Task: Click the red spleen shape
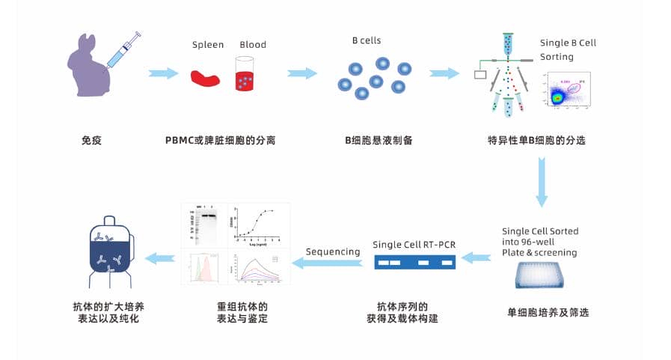point(206,77)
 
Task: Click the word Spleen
point(207,45)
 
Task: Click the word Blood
point(253,45)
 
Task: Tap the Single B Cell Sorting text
point(568,49)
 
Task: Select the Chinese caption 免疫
point(91,140)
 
